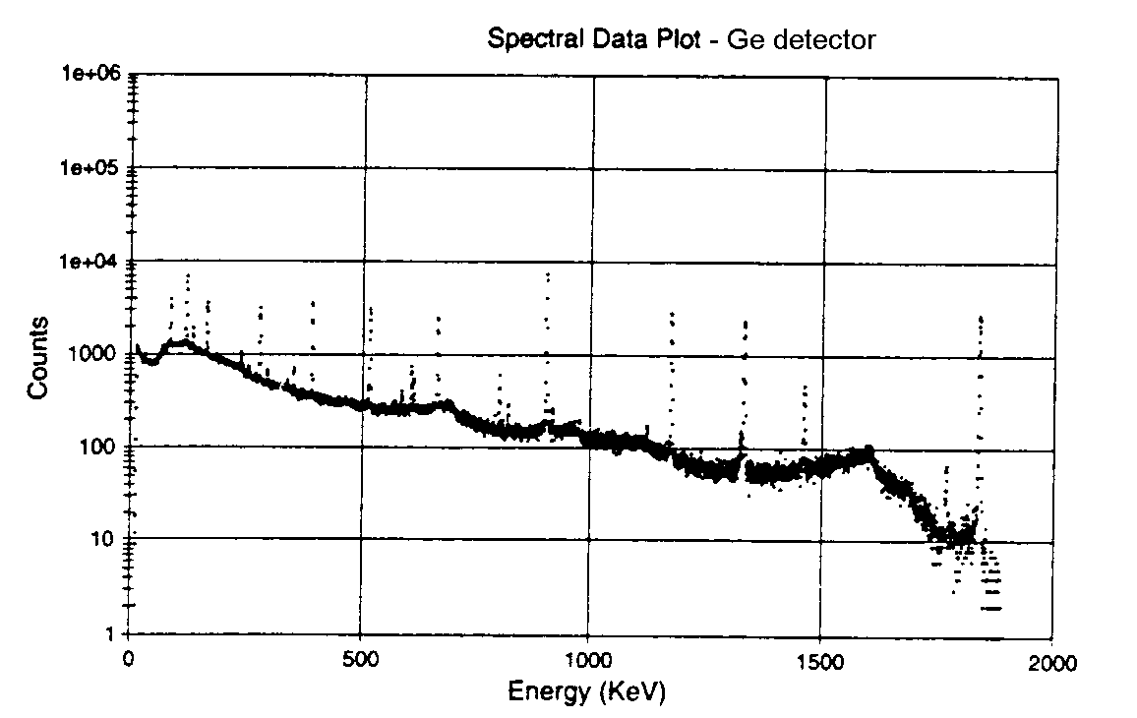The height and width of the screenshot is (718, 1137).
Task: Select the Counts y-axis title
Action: (38, 357)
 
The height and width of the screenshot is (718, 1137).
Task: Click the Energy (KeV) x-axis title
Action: (587, 692)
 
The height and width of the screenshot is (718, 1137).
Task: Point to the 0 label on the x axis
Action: (128, 661)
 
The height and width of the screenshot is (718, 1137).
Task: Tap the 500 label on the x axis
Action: (361, 661)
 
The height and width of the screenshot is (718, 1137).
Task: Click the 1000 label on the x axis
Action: (588, 661)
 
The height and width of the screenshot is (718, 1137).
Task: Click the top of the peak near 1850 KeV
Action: (981, 317)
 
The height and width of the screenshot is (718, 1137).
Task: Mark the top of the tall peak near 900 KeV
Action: (548, 273)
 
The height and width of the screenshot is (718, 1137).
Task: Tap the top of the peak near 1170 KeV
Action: (672, 313)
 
